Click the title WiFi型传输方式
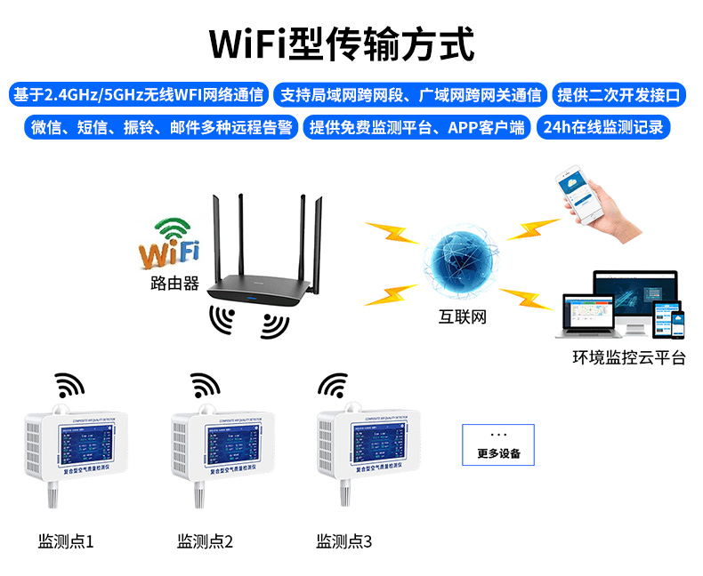(x=342, y=43)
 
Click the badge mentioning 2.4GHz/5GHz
(x=139, y=94)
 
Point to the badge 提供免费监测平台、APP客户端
(x=416, y=127)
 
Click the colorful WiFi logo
(x=168, y=244)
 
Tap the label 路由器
(x=174, y=284)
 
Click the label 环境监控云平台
(x=629, y=358)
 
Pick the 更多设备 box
(x=498, y=444)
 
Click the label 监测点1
(x=66, y=540)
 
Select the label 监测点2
(x=205, y=540)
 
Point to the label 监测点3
(x=344, y=540)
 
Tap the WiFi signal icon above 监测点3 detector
(x=334, y=385)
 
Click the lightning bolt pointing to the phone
(x=531, y=229)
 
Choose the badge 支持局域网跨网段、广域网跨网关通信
(x=410, y=94)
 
